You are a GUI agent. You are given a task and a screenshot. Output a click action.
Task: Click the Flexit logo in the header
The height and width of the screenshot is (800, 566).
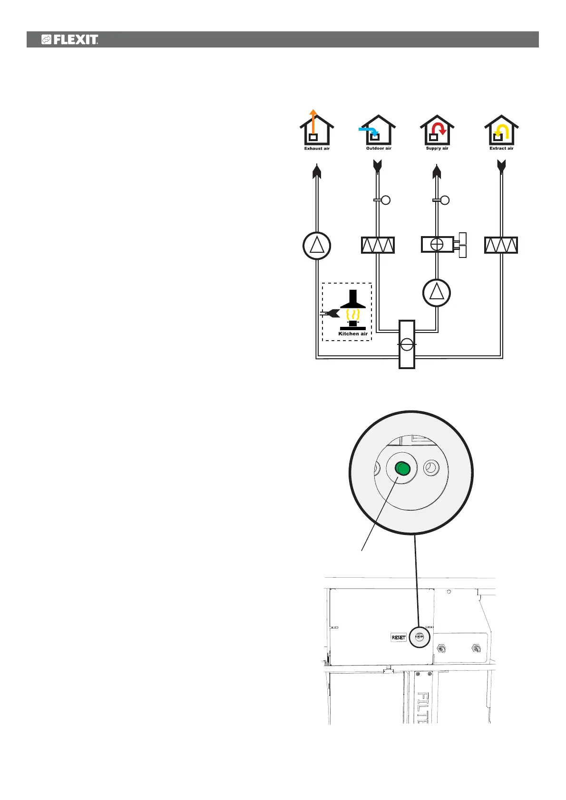click(70, 39)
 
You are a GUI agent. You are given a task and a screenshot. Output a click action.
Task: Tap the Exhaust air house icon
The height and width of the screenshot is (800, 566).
click(317, 131)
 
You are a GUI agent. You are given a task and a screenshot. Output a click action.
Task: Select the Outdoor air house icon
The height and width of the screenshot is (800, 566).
click(378, 131)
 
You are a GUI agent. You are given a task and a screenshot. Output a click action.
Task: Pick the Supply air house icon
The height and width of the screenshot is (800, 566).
click(437, 131)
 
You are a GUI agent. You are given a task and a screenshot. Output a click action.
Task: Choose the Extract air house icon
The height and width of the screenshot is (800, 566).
click(501, 131)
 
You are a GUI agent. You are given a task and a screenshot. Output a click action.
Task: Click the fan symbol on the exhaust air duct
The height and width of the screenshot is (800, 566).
click(317, 246)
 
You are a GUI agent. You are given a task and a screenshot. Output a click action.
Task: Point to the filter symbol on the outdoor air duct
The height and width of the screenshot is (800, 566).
click(378, 245)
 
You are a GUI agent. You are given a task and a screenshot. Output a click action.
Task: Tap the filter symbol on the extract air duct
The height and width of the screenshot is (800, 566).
click(501, 245)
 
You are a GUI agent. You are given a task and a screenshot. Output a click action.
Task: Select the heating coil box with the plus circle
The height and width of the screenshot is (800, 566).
click(437, 244)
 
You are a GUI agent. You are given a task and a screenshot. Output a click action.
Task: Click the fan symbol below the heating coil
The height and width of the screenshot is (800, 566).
click(437, 292)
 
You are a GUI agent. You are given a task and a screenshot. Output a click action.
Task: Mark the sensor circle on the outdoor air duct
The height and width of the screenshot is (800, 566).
click(386, 200)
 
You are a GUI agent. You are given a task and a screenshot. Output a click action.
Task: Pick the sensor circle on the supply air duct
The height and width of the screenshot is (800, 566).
click(445, 200)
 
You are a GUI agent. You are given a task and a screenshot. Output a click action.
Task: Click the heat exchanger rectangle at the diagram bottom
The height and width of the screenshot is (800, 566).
click(407, 344)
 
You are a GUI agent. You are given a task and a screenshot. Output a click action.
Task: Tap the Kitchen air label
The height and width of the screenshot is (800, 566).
click(352, 334)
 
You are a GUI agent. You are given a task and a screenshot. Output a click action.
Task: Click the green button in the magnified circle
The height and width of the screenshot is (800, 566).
click(402, 469)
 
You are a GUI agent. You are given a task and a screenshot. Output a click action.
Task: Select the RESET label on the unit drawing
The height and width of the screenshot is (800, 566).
click(399, 638)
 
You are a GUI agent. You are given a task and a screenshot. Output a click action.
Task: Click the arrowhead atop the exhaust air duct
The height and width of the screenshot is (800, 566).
click(317, 171)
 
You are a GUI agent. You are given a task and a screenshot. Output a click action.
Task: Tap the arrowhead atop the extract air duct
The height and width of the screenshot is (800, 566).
click(501, 166)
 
